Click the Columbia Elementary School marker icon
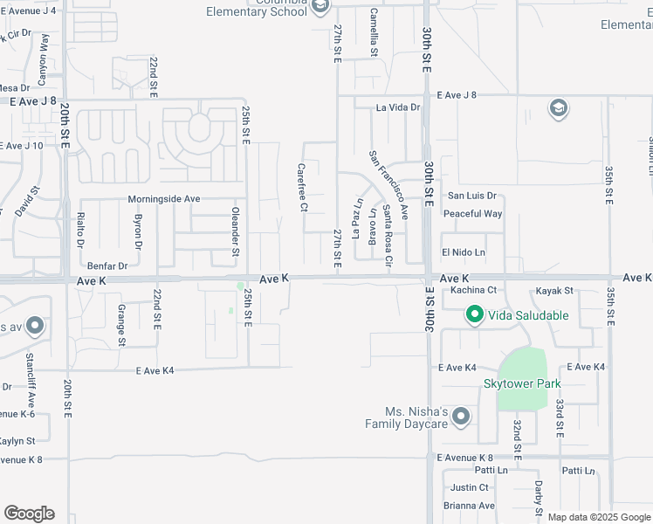coord(320,7)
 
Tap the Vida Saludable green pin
coord(474,314)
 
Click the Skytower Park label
coord(522,383)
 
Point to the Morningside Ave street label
coord(164,199)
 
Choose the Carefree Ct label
coord(302,188)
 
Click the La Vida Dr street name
coord(398,108)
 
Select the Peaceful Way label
coord(472,214)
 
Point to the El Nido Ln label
coord(463,252)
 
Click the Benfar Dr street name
coord(107,265)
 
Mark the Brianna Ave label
coord(469,506)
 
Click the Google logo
coord(29,514)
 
